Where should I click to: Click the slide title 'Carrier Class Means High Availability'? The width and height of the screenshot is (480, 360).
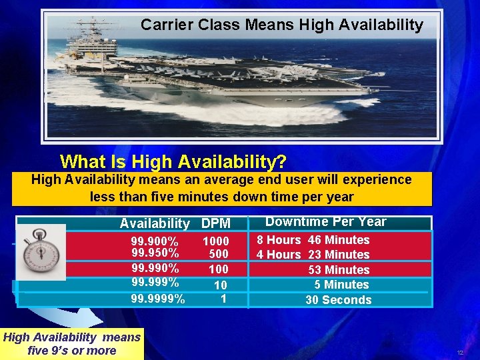281,25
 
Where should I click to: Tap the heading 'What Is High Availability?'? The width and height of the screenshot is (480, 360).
173,161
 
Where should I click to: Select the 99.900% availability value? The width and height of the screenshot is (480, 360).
154,241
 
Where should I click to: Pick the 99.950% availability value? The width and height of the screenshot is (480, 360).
154,253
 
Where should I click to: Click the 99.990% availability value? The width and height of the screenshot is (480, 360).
154,269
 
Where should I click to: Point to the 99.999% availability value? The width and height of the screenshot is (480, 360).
154,283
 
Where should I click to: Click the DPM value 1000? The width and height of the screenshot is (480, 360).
215,241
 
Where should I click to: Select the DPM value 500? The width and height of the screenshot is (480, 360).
218,254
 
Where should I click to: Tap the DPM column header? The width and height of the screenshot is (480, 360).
215,224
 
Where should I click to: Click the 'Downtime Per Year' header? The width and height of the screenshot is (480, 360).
326,222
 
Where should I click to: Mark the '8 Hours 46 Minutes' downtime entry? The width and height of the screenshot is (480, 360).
313,240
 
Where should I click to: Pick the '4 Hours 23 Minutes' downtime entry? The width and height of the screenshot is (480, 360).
313,255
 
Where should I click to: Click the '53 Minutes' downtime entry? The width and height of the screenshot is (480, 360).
338,270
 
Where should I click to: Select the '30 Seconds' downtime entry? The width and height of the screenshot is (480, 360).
338,300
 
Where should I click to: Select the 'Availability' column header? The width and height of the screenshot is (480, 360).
155,224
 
